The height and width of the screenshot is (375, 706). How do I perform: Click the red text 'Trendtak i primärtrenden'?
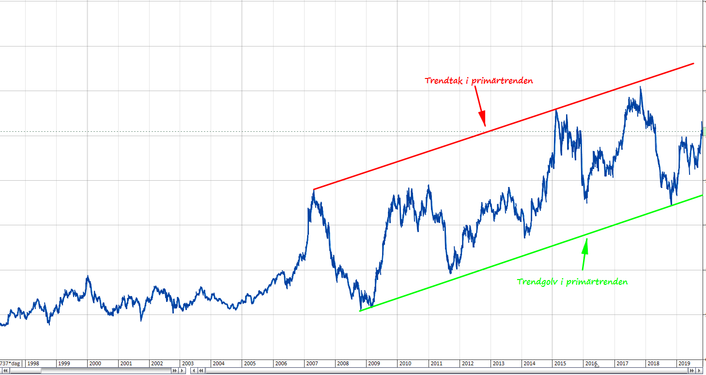[479, 80]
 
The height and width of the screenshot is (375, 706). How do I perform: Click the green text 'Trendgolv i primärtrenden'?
[572, 281]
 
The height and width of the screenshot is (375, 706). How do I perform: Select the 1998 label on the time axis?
[33, 363]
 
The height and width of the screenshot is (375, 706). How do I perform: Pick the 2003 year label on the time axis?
[187, 363]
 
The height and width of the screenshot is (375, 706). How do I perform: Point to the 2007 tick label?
[312, 363]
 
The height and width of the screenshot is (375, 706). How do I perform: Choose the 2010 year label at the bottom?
[405, 363]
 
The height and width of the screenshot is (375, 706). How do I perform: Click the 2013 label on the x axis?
[498, 363]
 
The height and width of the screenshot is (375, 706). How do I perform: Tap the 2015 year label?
[560, 363]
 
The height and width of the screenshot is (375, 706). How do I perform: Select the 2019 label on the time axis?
[684, 363]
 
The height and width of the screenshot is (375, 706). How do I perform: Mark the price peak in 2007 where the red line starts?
[313, 190]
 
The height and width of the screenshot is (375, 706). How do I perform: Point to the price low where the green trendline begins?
[361, 310]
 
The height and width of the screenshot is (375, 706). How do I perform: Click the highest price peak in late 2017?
[641, 87]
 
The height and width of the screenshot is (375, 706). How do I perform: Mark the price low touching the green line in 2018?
[671, 204]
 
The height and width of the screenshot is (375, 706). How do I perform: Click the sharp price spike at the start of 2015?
[556, 111]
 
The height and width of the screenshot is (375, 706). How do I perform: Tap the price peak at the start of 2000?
[88, 276]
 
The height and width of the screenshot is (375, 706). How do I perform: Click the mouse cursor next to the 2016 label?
[597, 365]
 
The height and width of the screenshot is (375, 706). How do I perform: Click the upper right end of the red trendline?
[693, 63]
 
